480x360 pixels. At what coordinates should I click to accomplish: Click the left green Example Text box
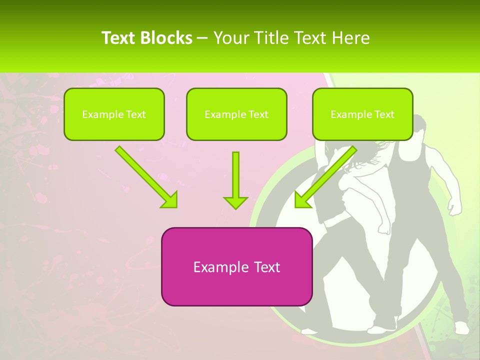(x=114, y=114)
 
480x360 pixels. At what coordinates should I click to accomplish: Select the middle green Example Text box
(x=236, y=114)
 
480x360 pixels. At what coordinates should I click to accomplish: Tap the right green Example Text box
(x=362, y=114)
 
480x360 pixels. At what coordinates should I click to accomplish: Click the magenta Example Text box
(x=236, y=266)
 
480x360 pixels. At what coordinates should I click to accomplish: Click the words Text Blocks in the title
(x=147, y=38)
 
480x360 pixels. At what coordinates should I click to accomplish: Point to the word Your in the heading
(x=229, y=38)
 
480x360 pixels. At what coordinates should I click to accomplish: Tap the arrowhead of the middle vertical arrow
(x=235, y=201)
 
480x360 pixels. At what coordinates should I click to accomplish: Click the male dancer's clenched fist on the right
(x=454, y=207)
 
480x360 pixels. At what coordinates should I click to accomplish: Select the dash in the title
(x=202, y=38)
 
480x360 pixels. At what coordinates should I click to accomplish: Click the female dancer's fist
(x=384, y=228)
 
